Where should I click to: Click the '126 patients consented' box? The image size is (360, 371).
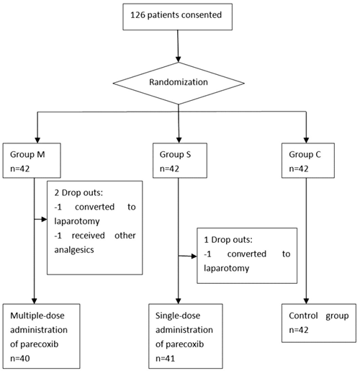pos(178,17)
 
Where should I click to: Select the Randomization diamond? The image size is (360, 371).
pos(179,84)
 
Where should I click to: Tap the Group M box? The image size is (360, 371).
pos(32,161)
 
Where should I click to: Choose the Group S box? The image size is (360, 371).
pos(180,161)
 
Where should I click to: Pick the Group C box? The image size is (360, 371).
pos(308,161)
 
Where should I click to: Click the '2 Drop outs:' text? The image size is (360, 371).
pos(78,192)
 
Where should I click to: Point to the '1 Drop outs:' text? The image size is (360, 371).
pos(228,240)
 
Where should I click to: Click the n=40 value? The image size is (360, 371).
pos(20,358)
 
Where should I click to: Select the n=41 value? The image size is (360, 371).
pos(166,358)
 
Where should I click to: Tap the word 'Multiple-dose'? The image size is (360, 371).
pos(37,316)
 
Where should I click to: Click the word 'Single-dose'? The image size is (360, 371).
pos(178,316)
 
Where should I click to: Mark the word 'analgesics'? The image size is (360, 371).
pos(74,250)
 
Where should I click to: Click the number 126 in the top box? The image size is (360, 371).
pos(138,15)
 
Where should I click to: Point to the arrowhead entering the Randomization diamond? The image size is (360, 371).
pos(178,59)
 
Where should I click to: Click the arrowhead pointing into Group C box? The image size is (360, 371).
pos(306,140)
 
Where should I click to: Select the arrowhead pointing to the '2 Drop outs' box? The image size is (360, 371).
pos(44,219)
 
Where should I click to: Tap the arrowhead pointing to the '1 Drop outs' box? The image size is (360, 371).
pos(194,256)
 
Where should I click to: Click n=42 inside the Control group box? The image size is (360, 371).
pos(299,330)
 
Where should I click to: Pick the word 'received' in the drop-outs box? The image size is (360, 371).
pos(89,236)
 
